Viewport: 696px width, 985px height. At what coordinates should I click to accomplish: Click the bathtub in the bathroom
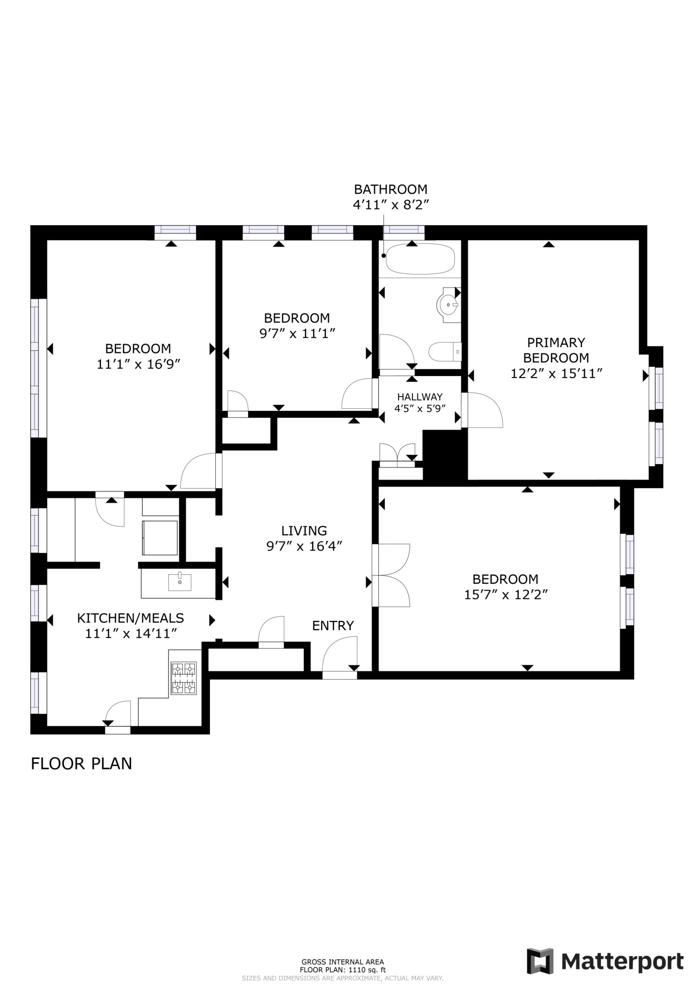(420, 259)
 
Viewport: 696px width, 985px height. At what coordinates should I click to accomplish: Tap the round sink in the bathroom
(448, 304)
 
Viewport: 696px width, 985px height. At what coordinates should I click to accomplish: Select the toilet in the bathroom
(445, 352)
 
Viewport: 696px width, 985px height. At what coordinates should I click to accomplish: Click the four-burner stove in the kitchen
(184, 678)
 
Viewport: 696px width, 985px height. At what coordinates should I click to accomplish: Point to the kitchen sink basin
(179, 582)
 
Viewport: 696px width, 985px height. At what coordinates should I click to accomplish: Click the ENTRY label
(333, 626)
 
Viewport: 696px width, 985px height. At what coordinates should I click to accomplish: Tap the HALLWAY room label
(420, 397)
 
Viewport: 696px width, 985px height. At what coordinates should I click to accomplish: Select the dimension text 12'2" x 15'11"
(556, 373)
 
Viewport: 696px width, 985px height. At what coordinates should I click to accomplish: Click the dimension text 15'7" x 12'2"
(506, 595)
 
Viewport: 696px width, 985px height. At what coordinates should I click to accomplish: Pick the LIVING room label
(304, 530)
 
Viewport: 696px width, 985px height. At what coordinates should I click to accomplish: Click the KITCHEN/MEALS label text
(131, 618)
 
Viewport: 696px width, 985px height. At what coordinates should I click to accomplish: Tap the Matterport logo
(605, 961)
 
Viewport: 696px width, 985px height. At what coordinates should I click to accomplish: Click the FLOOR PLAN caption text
(81, 763)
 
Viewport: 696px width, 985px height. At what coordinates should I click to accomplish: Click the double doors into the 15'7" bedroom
(392, 575)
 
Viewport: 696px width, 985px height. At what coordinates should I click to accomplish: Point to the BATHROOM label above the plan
(390, 189)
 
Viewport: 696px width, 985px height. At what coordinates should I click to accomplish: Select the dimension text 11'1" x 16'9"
(138, 364)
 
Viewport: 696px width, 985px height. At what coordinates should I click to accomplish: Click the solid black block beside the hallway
(445, 455)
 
